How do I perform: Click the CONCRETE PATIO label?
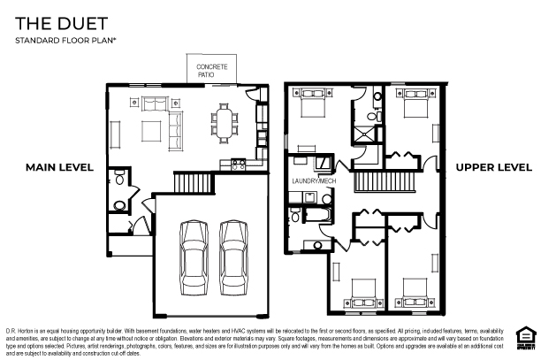[212, 71]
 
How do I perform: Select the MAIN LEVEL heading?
[59, 167]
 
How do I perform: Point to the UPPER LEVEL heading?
[493, 167]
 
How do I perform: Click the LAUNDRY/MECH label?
[314, 180]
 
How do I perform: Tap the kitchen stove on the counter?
[238, 162]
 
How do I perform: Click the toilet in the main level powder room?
[119, 206]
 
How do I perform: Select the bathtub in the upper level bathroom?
[315, 215]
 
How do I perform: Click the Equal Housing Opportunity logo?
[524, 335]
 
